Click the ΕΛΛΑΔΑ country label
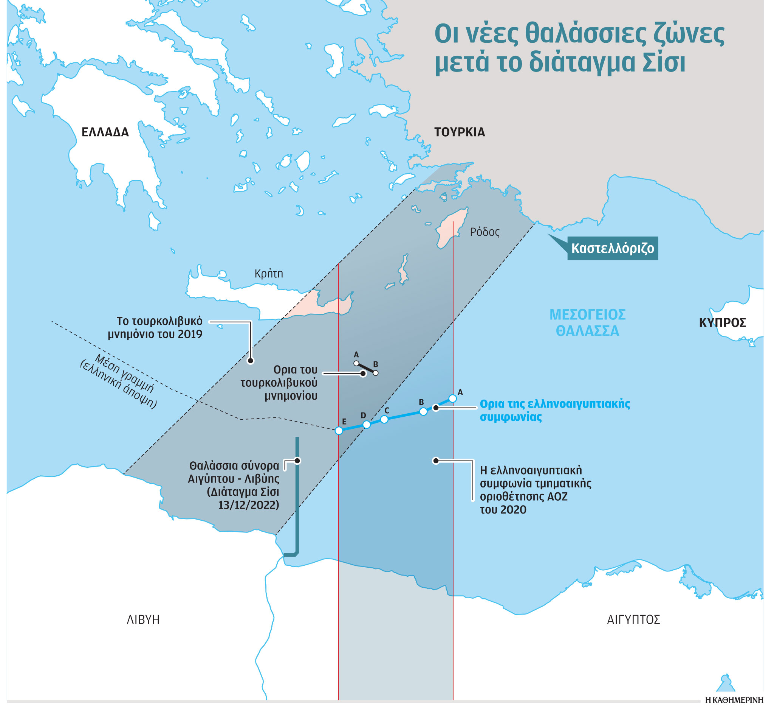point(105,132)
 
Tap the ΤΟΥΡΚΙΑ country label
point(459,132)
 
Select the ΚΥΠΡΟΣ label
point(722,323)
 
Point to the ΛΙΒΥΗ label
point(143,619)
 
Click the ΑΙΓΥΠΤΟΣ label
point(633,619)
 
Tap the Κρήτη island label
point(269,274)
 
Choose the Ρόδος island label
point(485,232)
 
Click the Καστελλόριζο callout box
point(612,248)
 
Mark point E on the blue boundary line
point(339,430)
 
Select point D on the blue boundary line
point(367,425)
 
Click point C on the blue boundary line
point(384,419)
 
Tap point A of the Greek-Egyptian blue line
point(452,398)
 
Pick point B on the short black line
point(375,373)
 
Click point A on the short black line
point(356,363)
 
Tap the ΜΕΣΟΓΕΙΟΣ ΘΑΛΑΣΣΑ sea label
point(587,323)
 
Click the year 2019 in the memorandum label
point(190,334)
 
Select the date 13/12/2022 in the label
point(248,505)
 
